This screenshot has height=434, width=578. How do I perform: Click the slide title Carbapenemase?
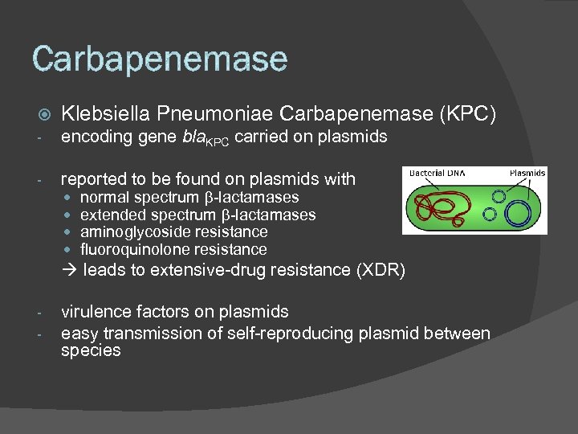click(159, 59)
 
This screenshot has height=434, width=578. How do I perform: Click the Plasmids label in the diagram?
click(527, 173)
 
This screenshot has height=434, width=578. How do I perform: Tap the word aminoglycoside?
click(127, 232)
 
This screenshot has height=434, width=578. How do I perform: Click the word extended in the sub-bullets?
click(107, 215)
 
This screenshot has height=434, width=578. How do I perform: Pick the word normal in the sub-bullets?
click(103, 197)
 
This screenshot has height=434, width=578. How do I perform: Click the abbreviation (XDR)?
click(379, 270)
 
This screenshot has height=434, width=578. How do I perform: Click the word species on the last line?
click(90, 350)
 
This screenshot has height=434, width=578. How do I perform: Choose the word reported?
click(92, 178)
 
